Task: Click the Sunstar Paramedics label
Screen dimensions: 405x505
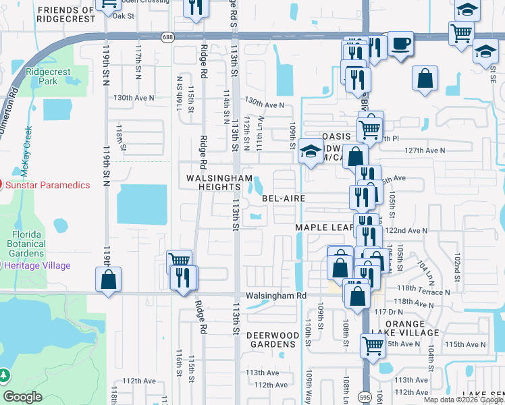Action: point(49,185)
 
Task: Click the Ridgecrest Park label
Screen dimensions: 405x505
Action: point(43,76)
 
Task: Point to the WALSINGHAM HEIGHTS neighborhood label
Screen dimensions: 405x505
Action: point(210,182)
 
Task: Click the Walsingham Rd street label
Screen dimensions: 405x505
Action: point(275,296)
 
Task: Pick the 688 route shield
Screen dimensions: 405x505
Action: point(167,38)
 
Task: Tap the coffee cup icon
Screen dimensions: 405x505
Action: point(401,43)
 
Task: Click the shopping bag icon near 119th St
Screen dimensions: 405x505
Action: point(108,279)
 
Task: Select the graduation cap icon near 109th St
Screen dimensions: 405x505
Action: point(311,152)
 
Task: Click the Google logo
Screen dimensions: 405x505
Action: point(23,397)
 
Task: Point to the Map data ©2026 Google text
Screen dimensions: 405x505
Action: point(462,400)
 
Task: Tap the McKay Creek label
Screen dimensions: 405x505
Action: point(28,142)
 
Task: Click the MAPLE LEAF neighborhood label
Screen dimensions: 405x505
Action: point(324,228)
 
